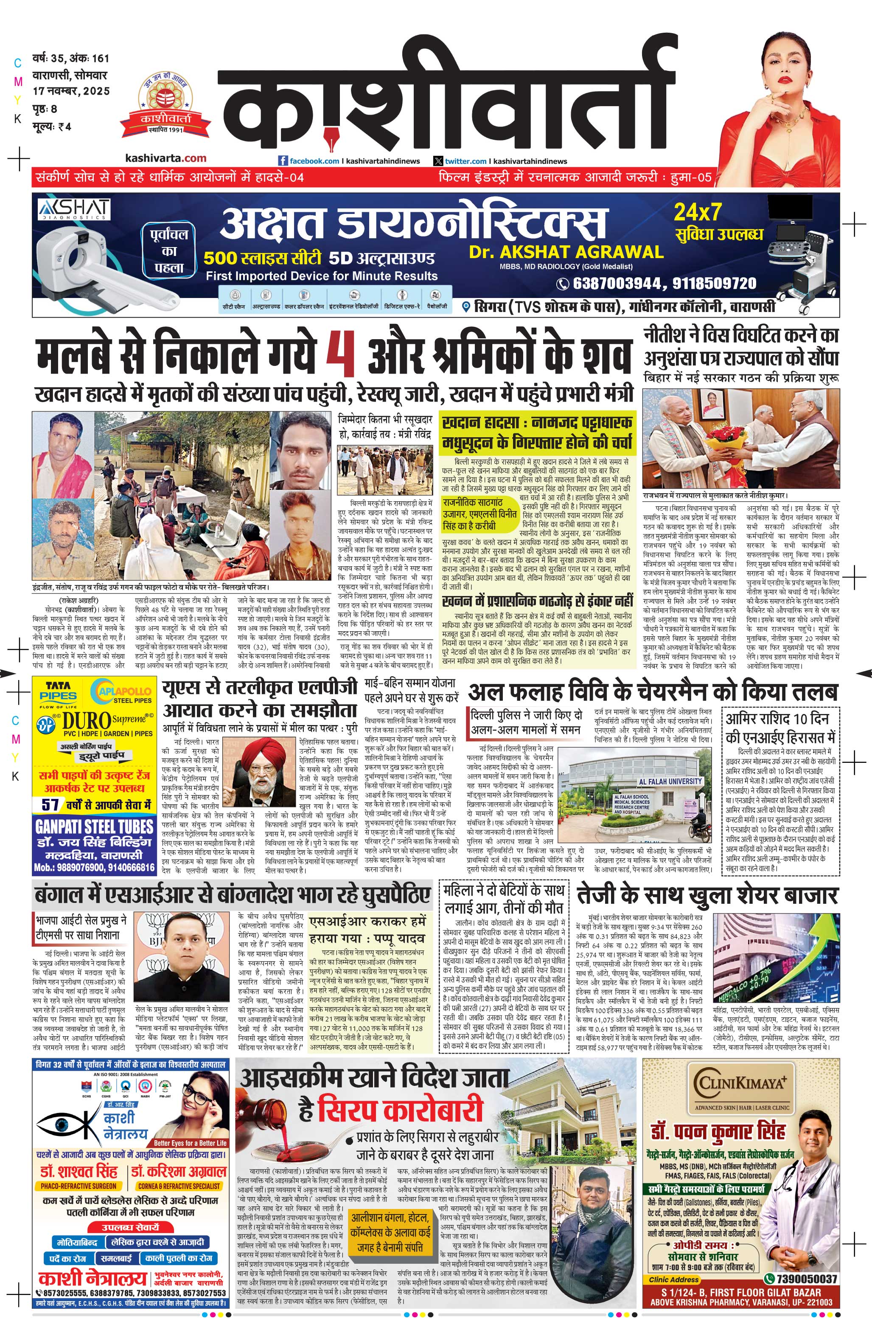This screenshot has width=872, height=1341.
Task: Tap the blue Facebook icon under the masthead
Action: (283, 160)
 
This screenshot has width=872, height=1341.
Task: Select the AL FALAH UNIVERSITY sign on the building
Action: (670, 781)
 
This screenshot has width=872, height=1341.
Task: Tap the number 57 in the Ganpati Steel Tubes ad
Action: (50, 804)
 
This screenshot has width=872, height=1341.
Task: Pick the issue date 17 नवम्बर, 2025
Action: (71, 91)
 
